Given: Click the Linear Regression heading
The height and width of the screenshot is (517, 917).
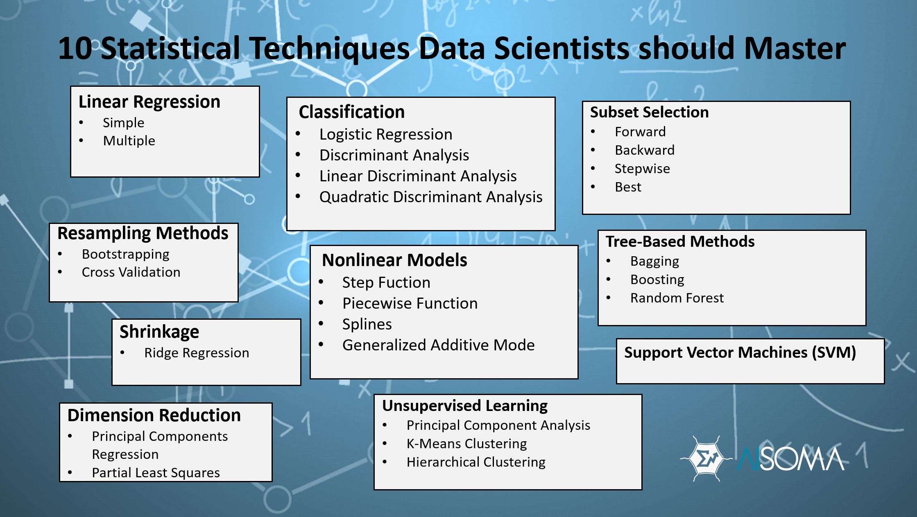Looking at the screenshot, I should [x=149, y=102].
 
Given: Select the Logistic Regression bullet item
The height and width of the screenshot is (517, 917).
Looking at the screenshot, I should [x=385, y=134].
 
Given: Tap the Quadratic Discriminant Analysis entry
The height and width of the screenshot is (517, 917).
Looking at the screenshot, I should [x=430, y=197].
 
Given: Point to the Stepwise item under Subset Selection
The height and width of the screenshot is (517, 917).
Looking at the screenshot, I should [x=642, y=169].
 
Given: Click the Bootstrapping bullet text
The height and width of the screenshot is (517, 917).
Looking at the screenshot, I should [x=125, y=254].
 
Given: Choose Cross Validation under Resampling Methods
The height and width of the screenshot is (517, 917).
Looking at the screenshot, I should [x=131, y=272].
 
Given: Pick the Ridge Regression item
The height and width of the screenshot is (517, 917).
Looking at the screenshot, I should [x=196, y=353].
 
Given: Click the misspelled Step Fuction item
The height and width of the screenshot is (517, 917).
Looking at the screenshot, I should [x=386, y=282].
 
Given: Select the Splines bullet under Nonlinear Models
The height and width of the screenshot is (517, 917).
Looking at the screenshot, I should [x=367, y=324].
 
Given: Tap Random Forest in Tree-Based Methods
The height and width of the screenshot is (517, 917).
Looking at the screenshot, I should [x=677, y=298].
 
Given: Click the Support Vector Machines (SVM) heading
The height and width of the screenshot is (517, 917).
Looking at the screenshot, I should [x=740, y=352].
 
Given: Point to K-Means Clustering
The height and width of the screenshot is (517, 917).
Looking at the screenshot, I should [x=466, y=444].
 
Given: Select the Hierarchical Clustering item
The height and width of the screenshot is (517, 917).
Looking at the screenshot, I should [x=475, y=462].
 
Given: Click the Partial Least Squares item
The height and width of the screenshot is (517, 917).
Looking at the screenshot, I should [x=156, y=473].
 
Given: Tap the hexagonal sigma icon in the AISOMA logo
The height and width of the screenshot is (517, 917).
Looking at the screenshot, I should [x=705, y=458].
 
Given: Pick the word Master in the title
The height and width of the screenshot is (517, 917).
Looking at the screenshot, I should [x=795, y=48].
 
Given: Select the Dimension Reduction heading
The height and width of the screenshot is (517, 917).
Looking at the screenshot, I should [x=154, y=415].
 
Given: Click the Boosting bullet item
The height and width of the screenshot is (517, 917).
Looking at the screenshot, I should [x=657, y=280].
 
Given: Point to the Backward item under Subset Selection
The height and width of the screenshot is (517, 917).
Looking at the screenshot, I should [x=644, y=150].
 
